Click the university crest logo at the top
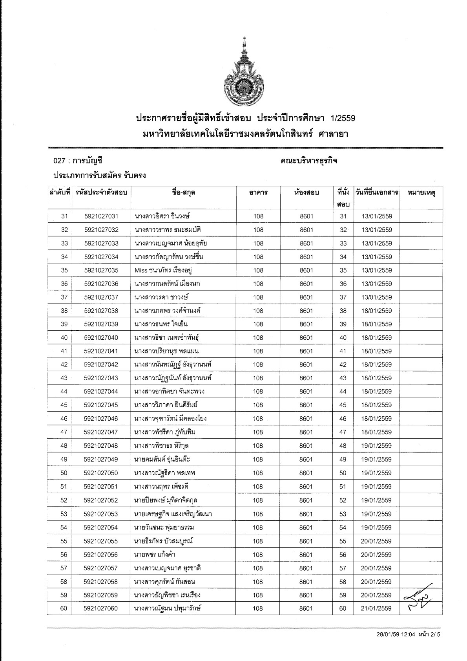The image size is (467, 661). (x=244, y=70)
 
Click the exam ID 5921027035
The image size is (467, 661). (x=101, y=270)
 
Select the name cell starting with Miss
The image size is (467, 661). (x=163, y=270)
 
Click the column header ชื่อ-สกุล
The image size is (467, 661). (x=183, y=192)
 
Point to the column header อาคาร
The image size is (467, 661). (x=258, y=193)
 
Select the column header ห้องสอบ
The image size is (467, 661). (x=306, y=192)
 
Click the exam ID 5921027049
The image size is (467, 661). (x=101, y=460)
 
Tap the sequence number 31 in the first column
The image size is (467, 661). (x=65, y=216)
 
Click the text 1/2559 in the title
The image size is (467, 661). (x=343, y=118)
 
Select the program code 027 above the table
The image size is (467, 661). (x=59, y=161)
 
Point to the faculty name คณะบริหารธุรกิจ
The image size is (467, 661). (x=309, y=161)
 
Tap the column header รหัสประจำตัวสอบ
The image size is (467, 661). (x=101, y=192)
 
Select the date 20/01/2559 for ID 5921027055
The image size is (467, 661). (x=376, y=541)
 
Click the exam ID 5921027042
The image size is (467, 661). (x=101, y=364)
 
